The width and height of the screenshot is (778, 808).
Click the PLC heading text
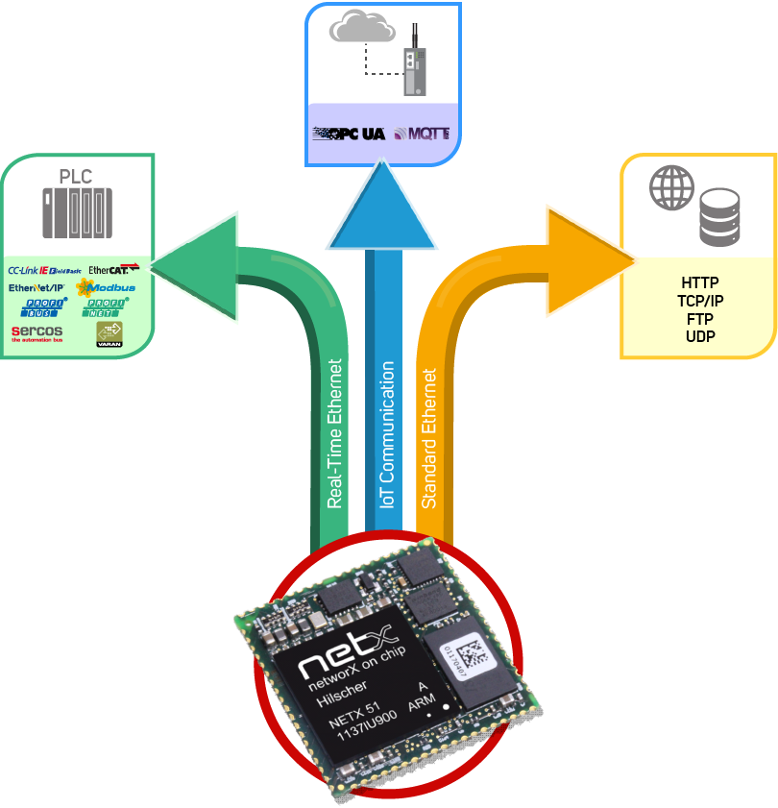(x=76, y=177)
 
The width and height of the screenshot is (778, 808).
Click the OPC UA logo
(x=349, y=134)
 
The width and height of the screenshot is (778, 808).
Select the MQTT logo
(x=421, y=134)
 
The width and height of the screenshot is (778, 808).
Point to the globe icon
(x=670, y=186)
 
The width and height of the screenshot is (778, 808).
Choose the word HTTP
(x=700, y=283)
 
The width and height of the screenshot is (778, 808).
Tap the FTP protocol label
(x=700, y=319)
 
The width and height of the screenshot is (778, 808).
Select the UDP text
(x=700, y=336)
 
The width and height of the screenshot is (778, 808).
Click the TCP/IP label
(x=700, y=301)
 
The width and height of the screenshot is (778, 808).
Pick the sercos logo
(x=36, y=332)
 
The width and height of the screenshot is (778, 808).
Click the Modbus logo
(x=107, y=287)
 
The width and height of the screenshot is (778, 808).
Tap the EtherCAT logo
(x=113, y=270)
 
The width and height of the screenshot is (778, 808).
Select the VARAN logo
(x=109, y=333)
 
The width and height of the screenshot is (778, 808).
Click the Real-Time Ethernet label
(x=335, y=433)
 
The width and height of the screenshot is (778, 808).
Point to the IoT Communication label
(x=387, y=434)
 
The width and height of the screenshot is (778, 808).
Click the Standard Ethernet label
(x=429, y=438)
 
